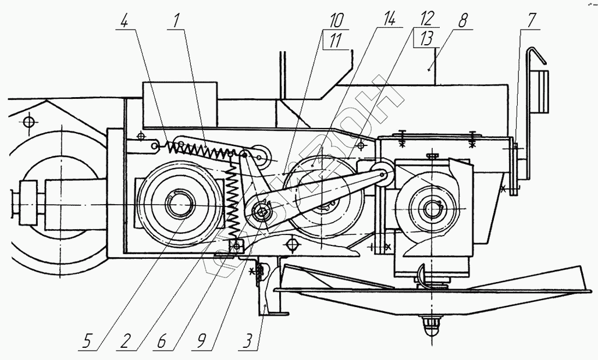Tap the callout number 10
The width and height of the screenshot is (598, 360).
pyautogui.click(x=336, y=22)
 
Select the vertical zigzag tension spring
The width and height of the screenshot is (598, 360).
pyautogui.click(x=234, y=198)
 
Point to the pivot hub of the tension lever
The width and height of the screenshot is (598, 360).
pyautogui.click(x=261, y=211)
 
